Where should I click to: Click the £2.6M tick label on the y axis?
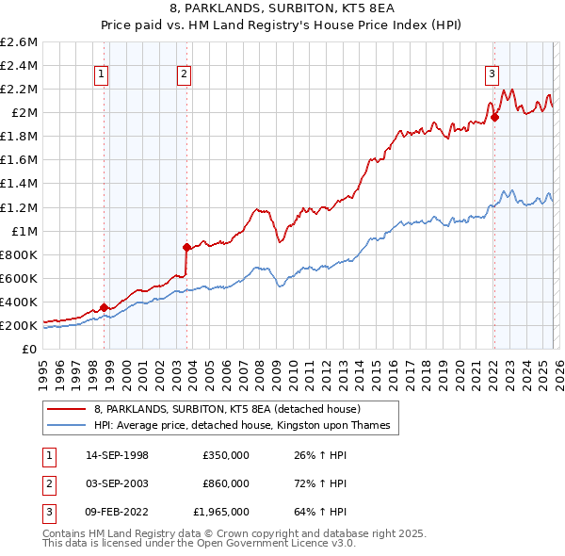click(19, 42)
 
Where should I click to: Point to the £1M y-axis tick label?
click(23, 231)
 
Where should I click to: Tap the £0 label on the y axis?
click(30, 349)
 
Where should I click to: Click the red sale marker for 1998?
click(105, 307)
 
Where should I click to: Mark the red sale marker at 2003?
click(187, 248)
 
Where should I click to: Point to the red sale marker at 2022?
click(494, 118)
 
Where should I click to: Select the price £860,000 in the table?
click(225, 483)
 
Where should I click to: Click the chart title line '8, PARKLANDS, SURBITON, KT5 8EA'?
click(282, 9)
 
